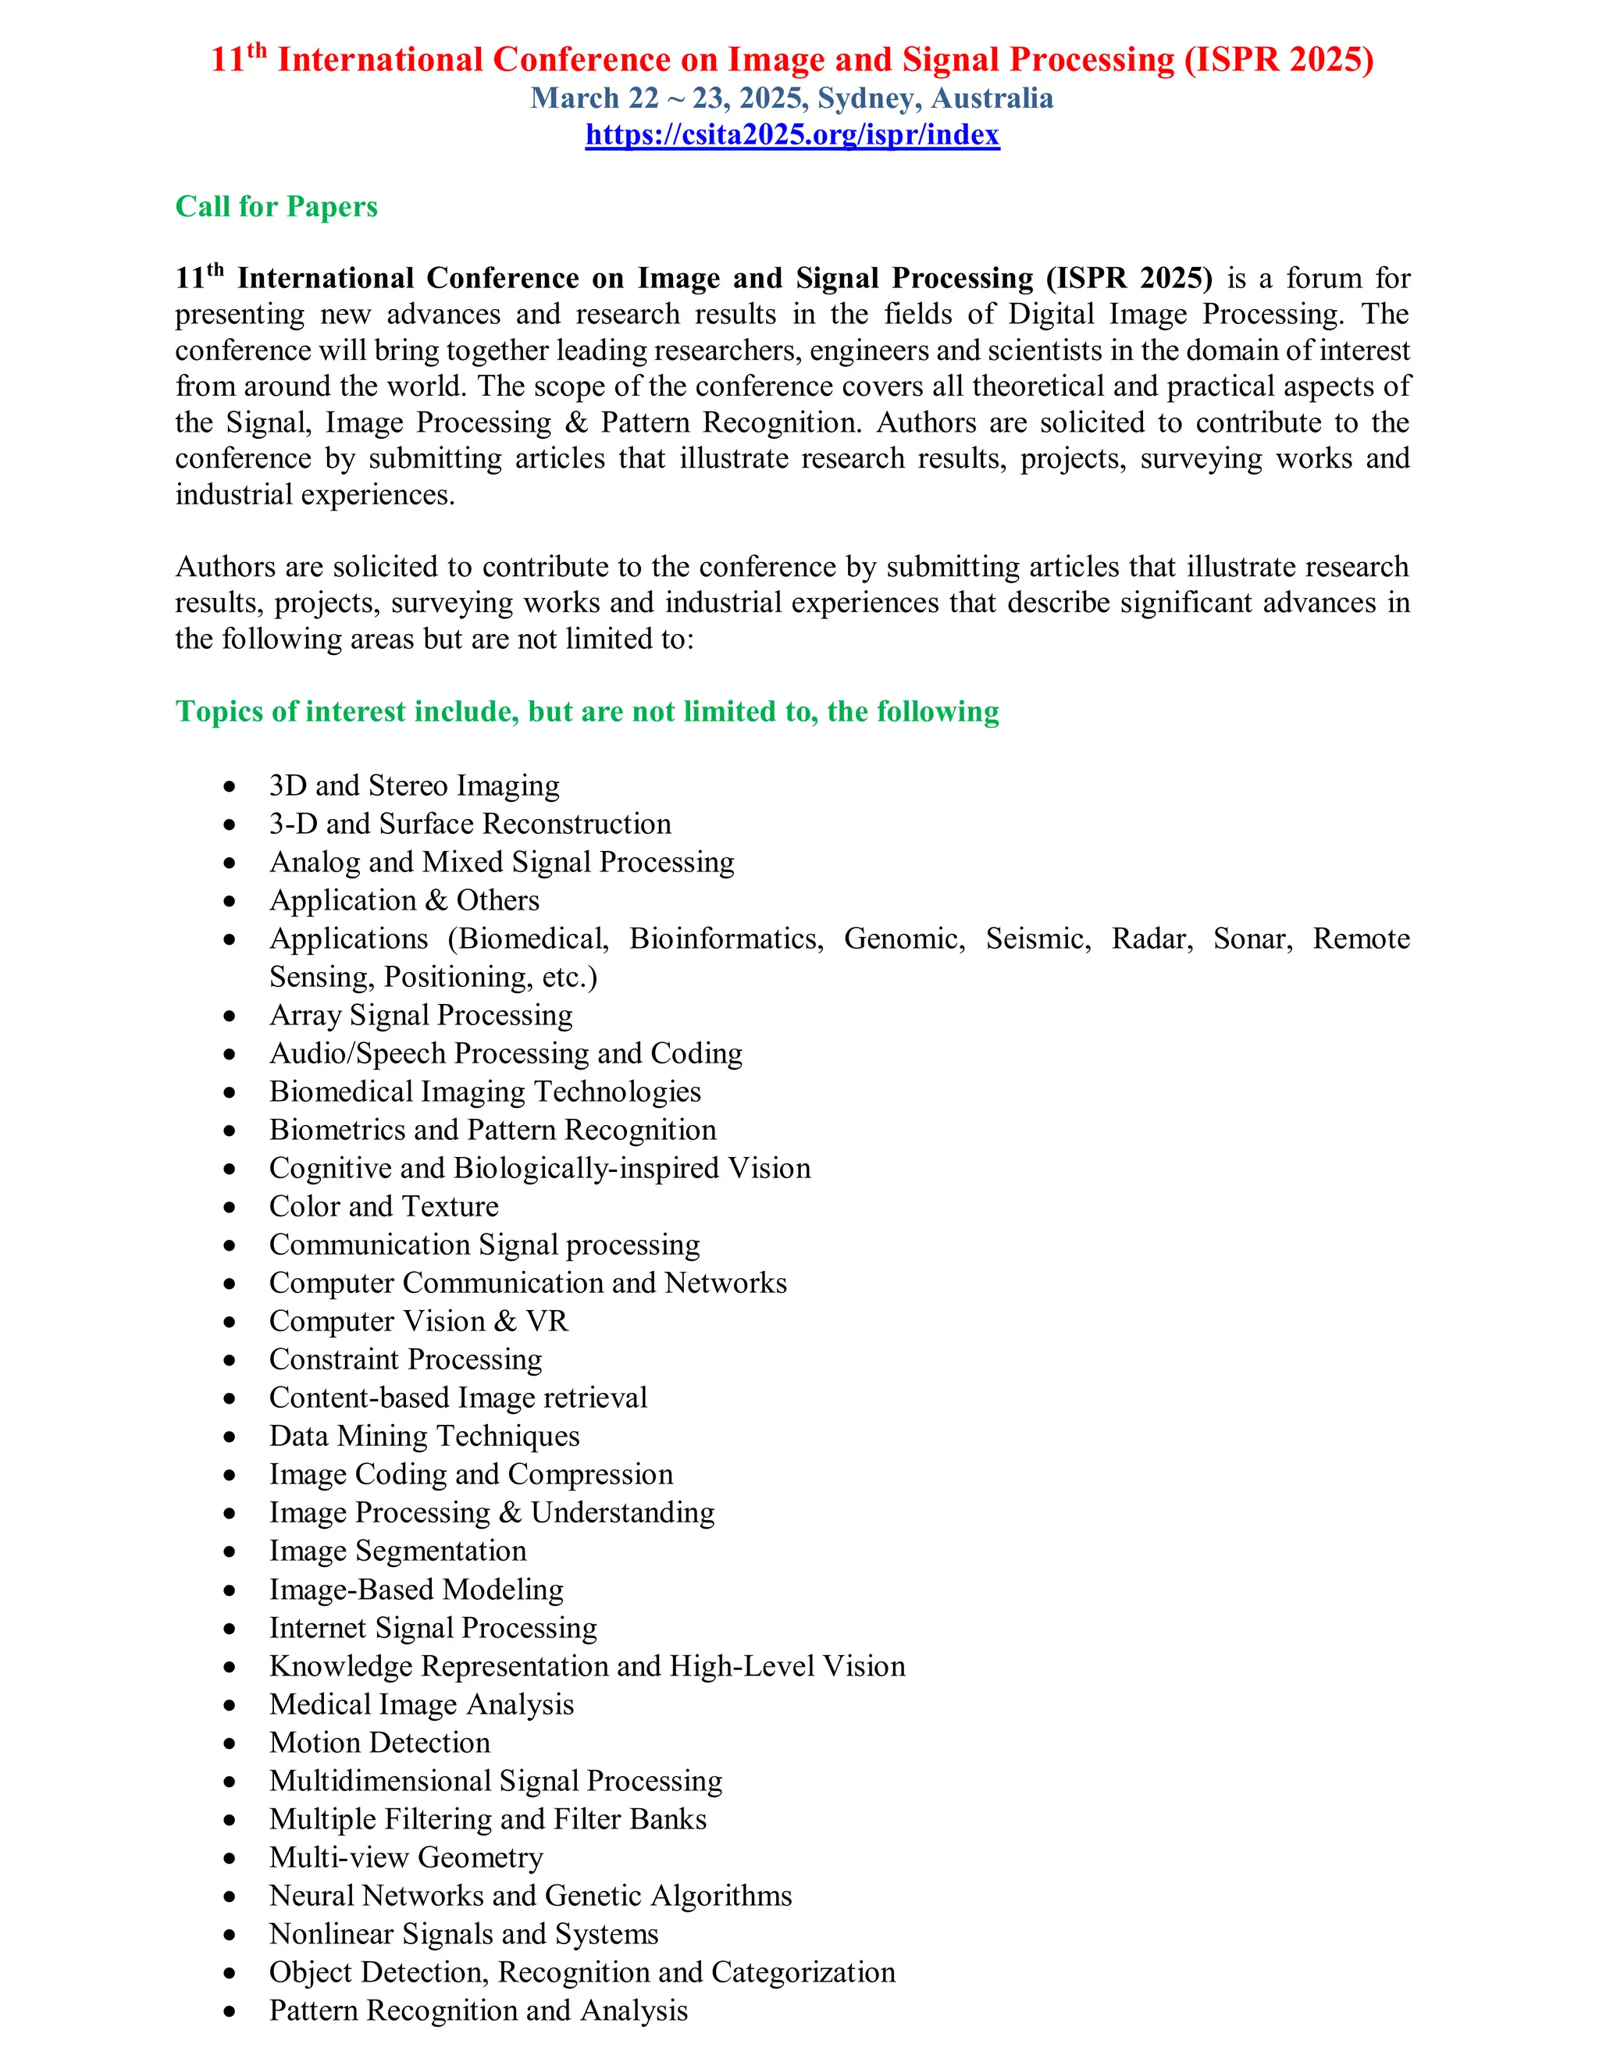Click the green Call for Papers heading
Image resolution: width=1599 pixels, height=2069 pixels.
276,207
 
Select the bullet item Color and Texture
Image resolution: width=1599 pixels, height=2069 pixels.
383,1206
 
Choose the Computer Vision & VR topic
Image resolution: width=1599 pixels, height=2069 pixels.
418,1320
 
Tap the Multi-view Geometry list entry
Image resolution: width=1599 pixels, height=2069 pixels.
405,1857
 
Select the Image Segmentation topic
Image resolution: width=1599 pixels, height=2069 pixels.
397,1551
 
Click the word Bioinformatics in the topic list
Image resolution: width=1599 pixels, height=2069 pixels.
725,938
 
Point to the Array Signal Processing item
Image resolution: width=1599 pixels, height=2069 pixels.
421,1016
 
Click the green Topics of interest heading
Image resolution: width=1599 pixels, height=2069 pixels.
586,711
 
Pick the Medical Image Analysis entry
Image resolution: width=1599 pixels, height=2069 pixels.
421,1704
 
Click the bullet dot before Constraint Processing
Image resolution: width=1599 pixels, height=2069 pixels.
230,1360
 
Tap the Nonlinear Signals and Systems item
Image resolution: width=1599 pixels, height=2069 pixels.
463,1933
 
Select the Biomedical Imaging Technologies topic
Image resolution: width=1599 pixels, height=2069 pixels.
484,1091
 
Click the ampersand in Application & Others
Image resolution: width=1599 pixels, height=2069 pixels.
436,901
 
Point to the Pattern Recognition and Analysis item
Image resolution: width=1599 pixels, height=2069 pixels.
479,2010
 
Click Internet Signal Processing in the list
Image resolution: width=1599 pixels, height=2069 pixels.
433,1628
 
